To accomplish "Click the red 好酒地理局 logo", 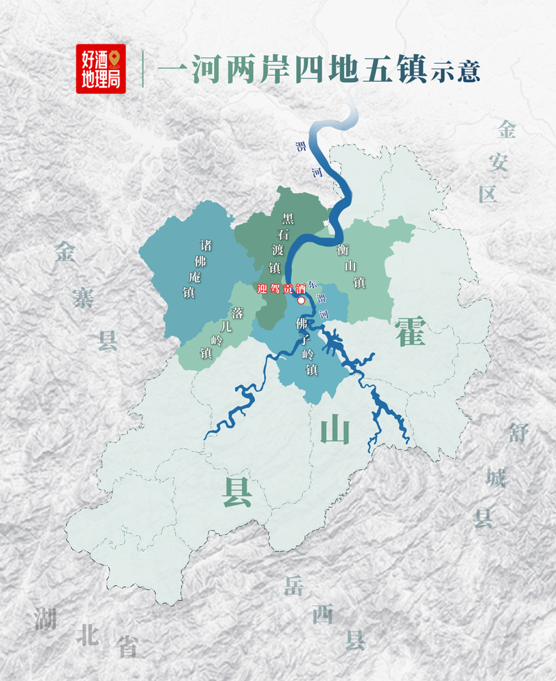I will pos(101,69).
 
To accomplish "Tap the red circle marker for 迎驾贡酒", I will pos(301,301).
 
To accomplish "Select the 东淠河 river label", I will pos(319,299).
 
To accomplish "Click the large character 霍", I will pos(410,330).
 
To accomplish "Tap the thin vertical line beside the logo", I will pos(143,68).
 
